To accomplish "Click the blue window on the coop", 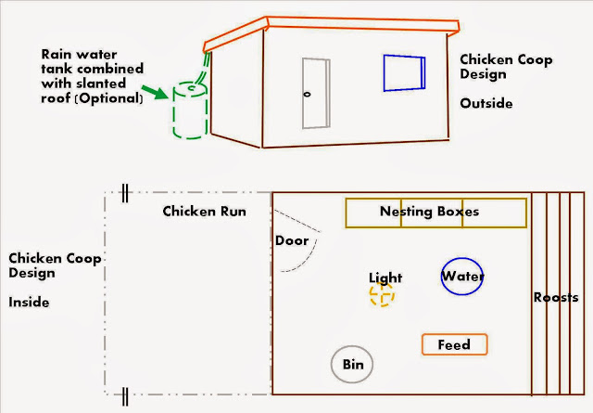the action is (x=404, y=71).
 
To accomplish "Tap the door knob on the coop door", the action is (x=307, y=94).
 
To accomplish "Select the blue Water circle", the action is (x=462, y=276).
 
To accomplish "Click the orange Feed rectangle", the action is (x=453, y=344).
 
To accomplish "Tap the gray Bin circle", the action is (x=352, y=364).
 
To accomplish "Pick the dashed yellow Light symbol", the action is (x=382, y=294).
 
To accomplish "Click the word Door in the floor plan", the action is (x=292, y=240).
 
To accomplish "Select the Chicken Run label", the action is (x=204, y=211).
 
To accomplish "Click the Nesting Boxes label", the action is (x=429, y=212).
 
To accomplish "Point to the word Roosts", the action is (x=556, y=297).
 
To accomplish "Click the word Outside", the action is (x=486, y=103).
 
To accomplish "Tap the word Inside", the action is (x=29, y=303).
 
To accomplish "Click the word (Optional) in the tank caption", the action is (x=109, y=97).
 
